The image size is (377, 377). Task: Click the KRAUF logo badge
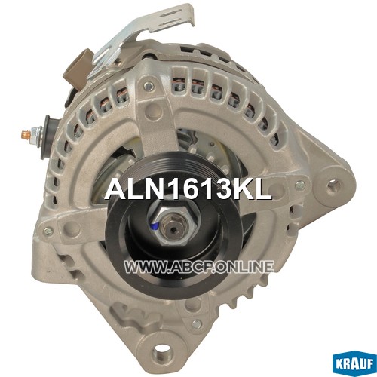355,363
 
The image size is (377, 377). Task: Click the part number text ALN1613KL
188,189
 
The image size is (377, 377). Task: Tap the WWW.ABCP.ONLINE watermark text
199,267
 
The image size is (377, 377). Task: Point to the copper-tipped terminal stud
26,134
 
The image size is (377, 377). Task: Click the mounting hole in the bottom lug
161,352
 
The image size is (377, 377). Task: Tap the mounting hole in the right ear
334,186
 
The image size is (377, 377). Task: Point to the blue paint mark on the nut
156,226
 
